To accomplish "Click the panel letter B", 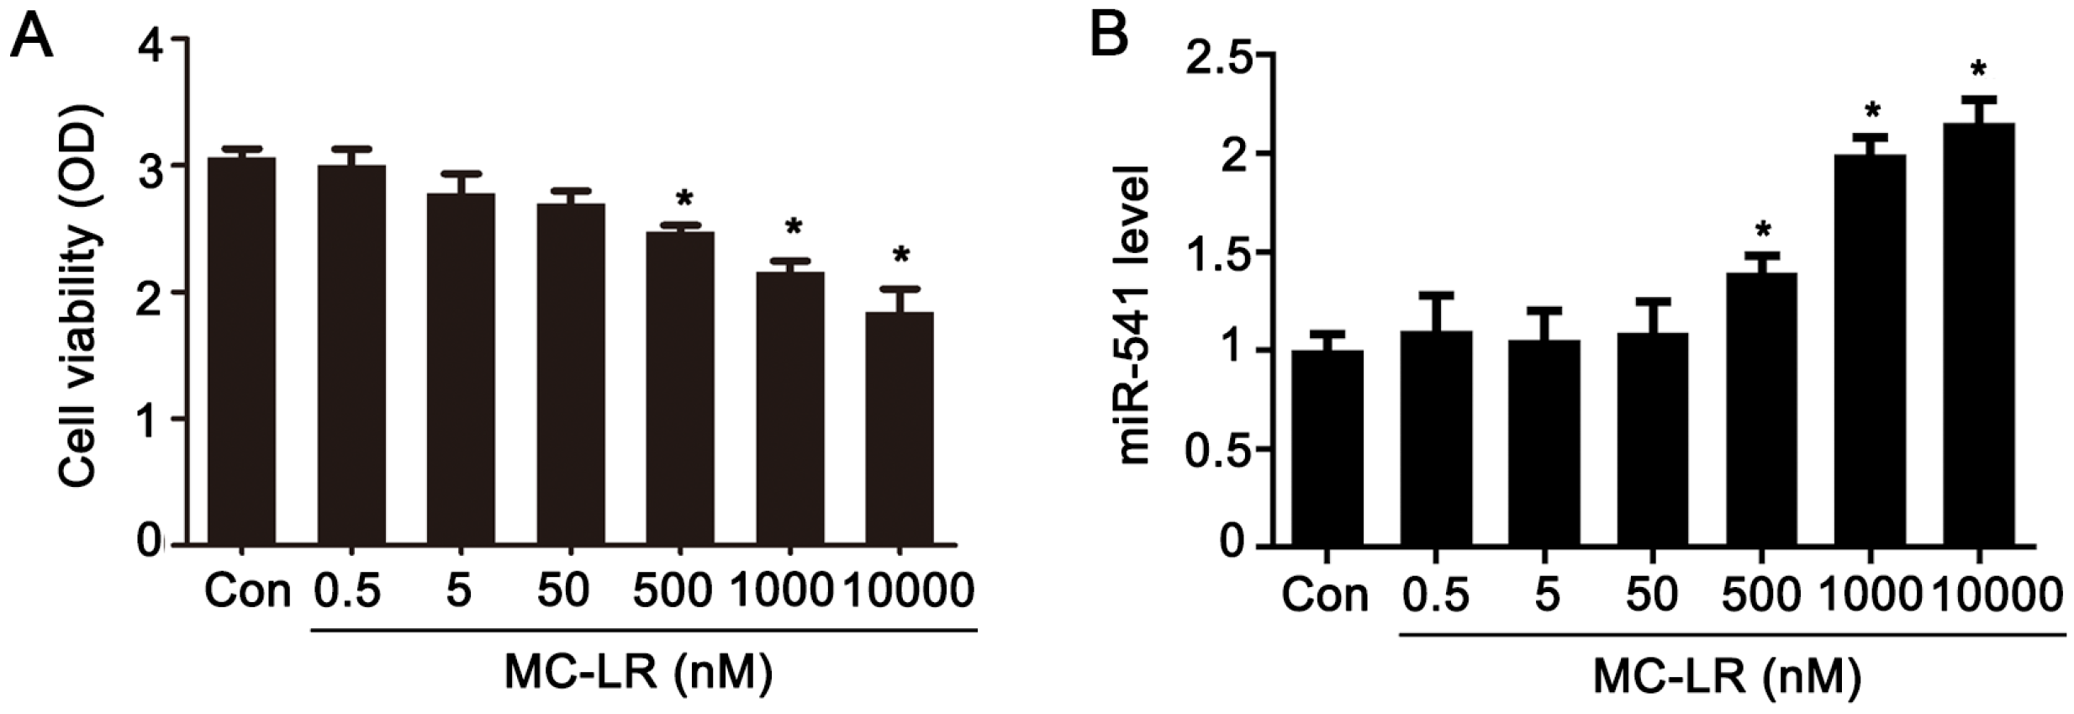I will (1109, 34).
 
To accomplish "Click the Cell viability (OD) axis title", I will (80, 295).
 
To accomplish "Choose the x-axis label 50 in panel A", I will (562, 590).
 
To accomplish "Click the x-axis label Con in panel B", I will (1325, 595).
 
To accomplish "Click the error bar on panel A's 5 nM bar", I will (461, 182).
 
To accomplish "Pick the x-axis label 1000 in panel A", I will (782, 590).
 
